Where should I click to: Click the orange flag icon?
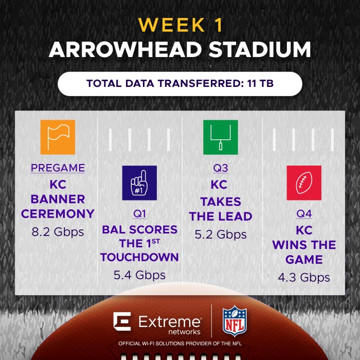coord(58,137)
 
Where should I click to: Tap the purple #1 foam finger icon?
coord(139,183)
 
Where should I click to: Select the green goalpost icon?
coord(221,137)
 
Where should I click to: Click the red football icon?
coord(304,183)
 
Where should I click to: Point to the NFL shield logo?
coord(235,321)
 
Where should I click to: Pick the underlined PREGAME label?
coord(58,168)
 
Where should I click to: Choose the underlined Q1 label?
coord(139,213)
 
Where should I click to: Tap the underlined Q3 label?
coord(221,168)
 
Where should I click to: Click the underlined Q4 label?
coord(304,213)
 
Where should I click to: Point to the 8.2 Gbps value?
coord(58,232)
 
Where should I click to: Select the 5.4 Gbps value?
coord(139,276)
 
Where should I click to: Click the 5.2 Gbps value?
coord(221,235)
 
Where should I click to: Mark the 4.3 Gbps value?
coord(304,278)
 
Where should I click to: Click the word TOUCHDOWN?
coord(139,257)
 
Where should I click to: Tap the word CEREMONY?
coord(58,213)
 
